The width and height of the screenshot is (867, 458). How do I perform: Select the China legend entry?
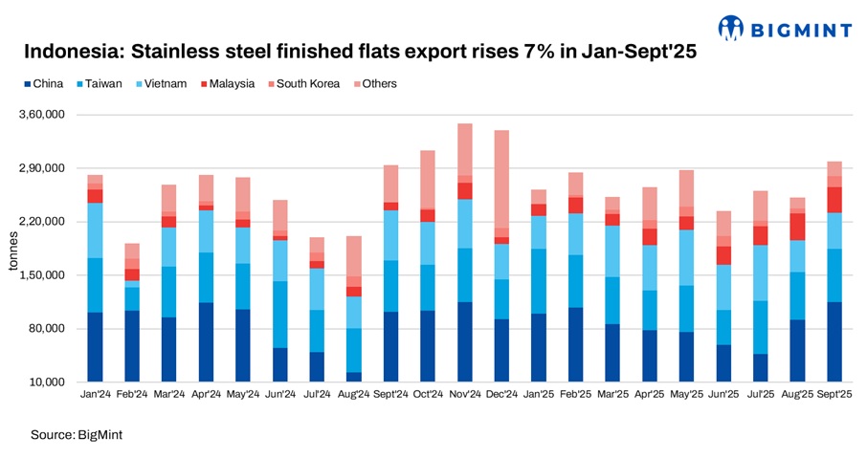point(42,84)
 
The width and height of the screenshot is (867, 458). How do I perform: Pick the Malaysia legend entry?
point(227,84)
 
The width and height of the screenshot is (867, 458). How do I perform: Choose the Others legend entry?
point(379,84)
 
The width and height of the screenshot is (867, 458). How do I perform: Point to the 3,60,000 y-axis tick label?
point(41,115)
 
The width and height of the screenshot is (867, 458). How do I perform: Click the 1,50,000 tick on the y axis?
point(41,275)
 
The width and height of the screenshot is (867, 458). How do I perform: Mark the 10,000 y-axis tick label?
point(45,382)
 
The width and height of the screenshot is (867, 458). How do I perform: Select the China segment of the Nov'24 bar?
point(464,341)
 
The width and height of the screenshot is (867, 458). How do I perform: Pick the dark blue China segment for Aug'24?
point(353,377)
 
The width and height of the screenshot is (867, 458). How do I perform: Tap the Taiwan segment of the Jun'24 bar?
point(279,314)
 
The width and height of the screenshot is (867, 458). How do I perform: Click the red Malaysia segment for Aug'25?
point(797,226)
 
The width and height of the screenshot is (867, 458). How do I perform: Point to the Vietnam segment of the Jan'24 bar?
point(95,230)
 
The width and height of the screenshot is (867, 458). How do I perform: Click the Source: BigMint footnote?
point(77,435)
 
